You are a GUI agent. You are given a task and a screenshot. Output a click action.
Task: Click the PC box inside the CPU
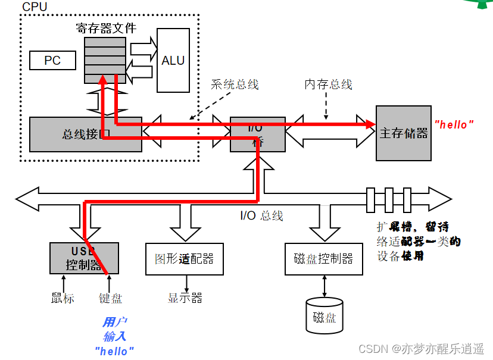click(x=52, y=61)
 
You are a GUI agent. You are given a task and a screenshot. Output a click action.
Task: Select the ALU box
click(x=173, y=60)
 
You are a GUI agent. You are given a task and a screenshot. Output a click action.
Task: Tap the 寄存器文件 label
click(x=106, y=28)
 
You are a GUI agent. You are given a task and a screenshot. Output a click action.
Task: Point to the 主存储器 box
click(x=403, y=133)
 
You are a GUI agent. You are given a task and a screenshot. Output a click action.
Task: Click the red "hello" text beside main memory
click(x=454, y=124)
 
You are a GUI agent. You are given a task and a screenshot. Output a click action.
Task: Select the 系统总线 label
click(x=235, y=84)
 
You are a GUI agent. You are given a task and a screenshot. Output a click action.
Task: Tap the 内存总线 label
click(x=328, y=84)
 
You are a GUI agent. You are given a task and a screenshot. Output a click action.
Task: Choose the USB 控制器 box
click(x=84, y=258)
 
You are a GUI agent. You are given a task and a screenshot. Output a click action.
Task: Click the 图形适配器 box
click(x=184, y=259)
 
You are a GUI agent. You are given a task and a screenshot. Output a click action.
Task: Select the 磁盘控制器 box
click(x=323, y=259)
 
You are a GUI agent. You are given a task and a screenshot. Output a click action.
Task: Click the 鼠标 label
click(x=63, y=298)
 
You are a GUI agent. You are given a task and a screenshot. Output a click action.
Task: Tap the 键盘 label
click(x=110, y=298)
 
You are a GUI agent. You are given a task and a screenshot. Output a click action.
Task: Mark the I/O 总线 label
click(x=261, y=215)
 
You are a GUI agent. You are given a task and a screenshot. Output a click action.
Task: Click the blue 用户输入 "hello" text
click(x=114, y=337)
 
